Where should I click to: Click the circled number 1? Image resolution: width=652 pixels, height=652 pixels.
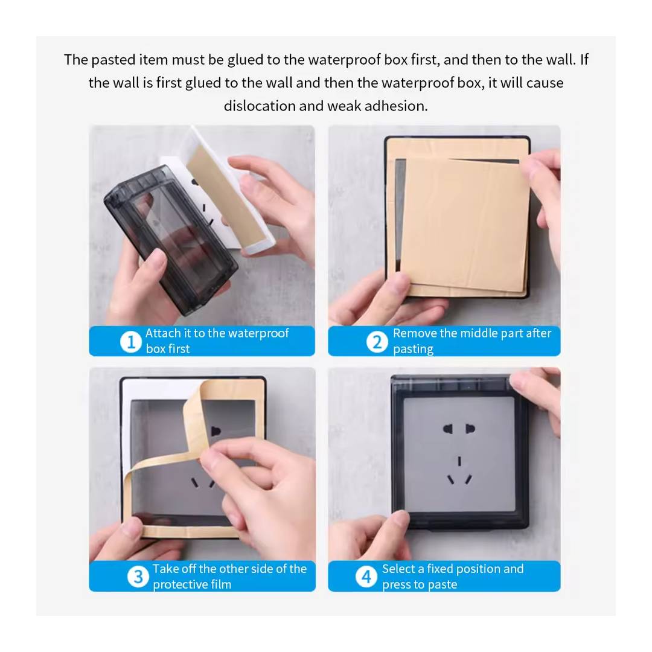coord(130,342)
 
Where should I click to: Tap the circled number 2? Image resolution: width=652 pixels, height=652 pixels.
coord(377,342)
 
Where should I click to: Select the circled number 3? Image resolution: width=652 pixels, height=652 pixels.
coord(138,577)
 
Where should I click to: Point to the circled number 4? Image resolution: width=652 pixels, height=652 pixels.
coord(366,577)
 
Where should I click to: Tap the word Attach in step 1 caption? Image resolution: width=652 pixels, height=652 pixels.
coord(163,333)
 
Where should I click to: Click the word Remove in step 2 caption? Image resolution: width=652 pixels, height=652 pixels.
coord(415,333)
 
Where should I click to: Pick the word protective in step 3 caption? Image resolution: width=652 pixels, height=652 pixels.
coord(180,585)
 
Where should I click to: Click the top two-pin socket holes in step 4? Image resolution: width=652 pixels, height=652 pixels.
coord(459,429)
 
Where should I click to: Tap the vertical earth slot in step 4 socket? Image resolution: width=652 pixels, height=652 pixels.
coord(459,461)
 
